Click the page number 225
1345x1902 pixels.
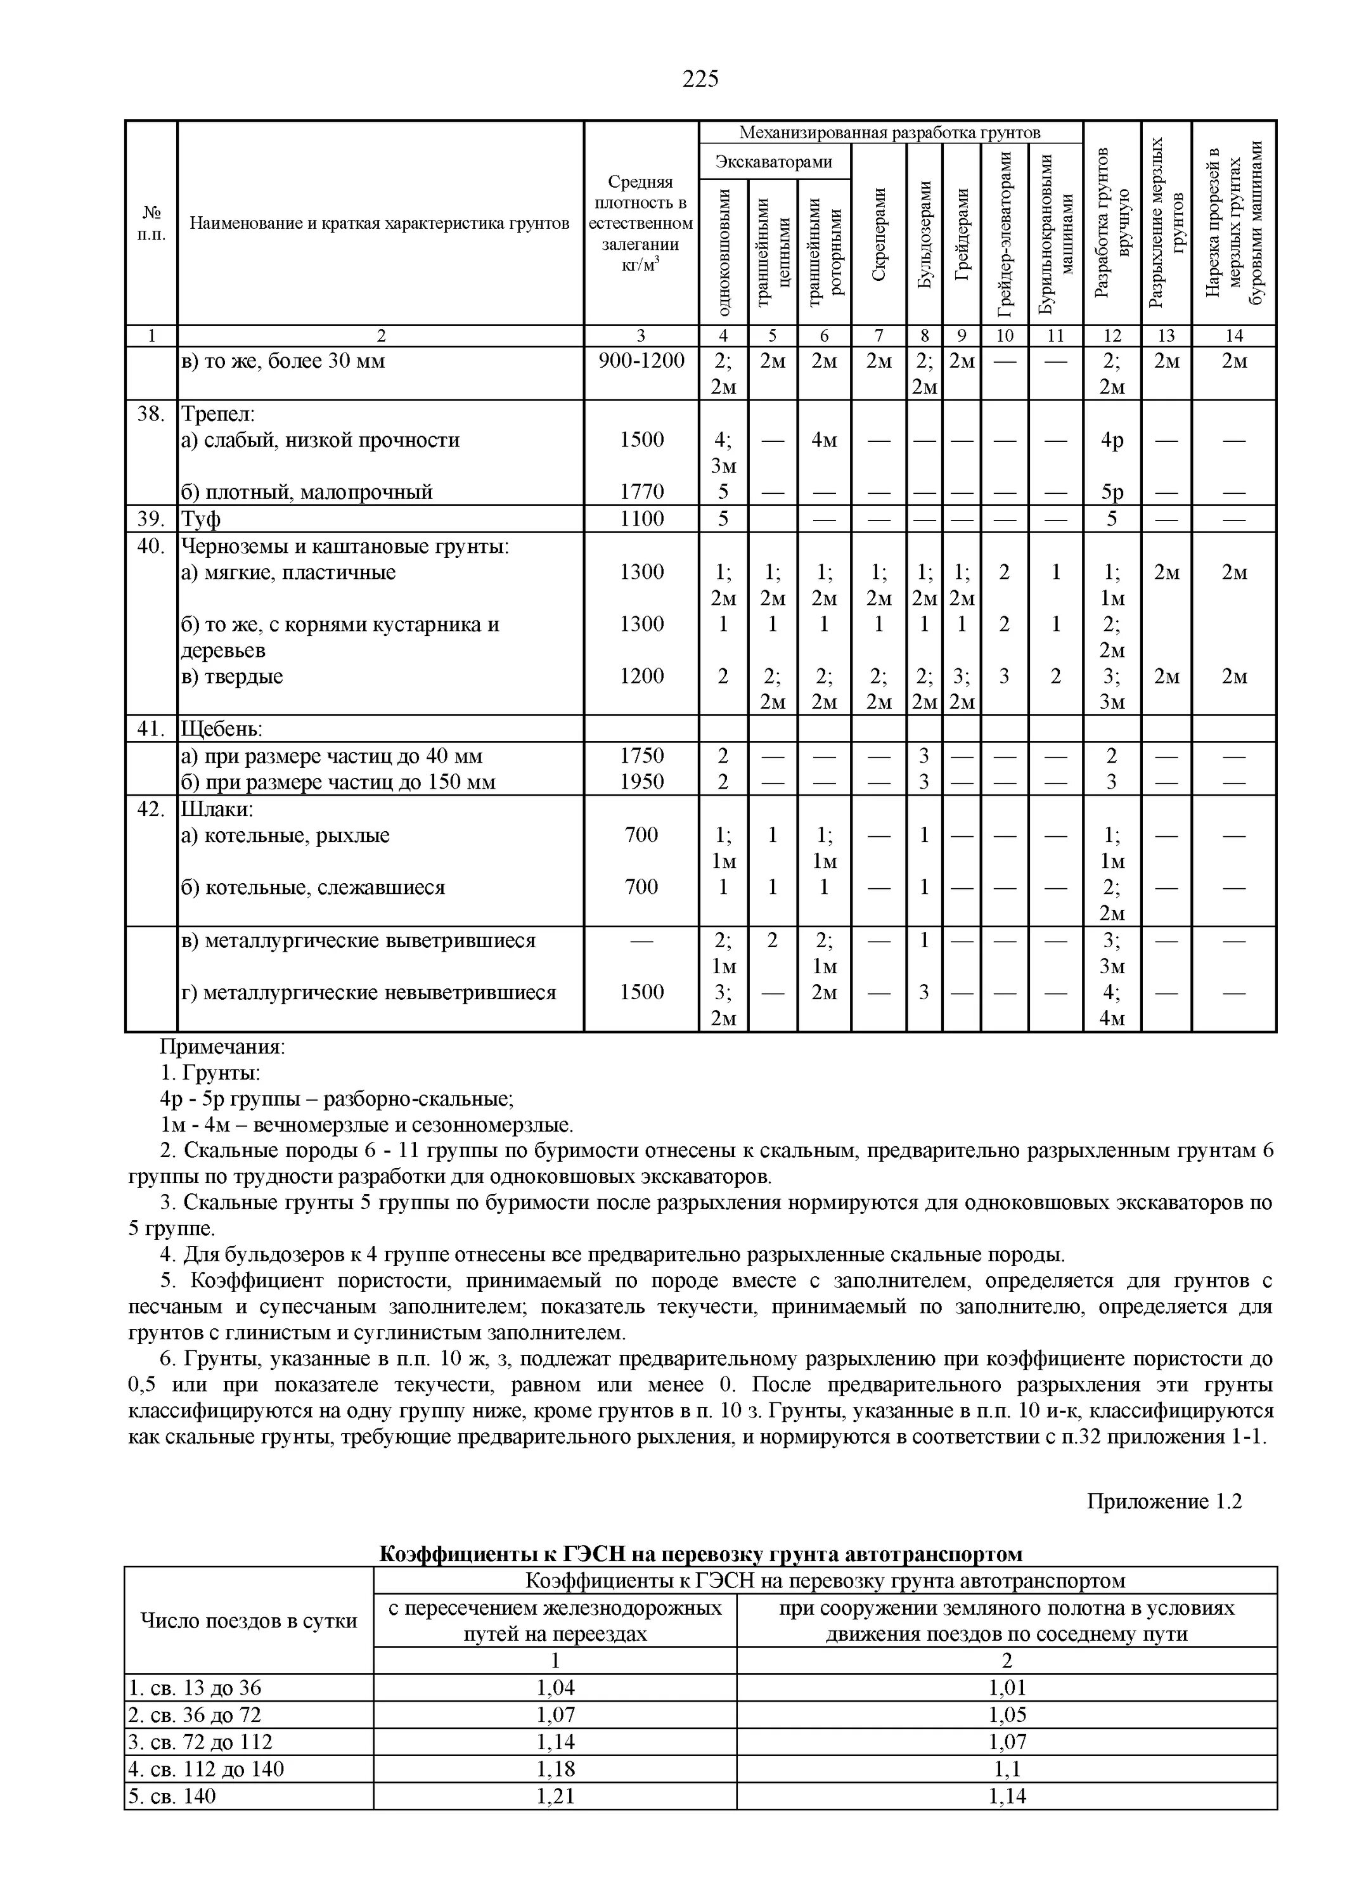pos(700,79)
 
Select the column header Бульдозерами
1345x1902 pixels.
pos(924,235)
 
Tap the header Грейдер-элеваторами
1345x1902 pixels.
pos(1005,235)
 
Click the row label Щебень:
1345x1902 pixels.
pos(221,729)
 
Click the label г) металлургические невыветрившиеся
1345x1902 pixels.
pos(368,992)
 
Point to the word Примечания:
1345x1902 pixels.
pos(222,1047)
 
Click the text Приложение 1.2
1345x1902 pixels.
pos(1164,1502)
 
